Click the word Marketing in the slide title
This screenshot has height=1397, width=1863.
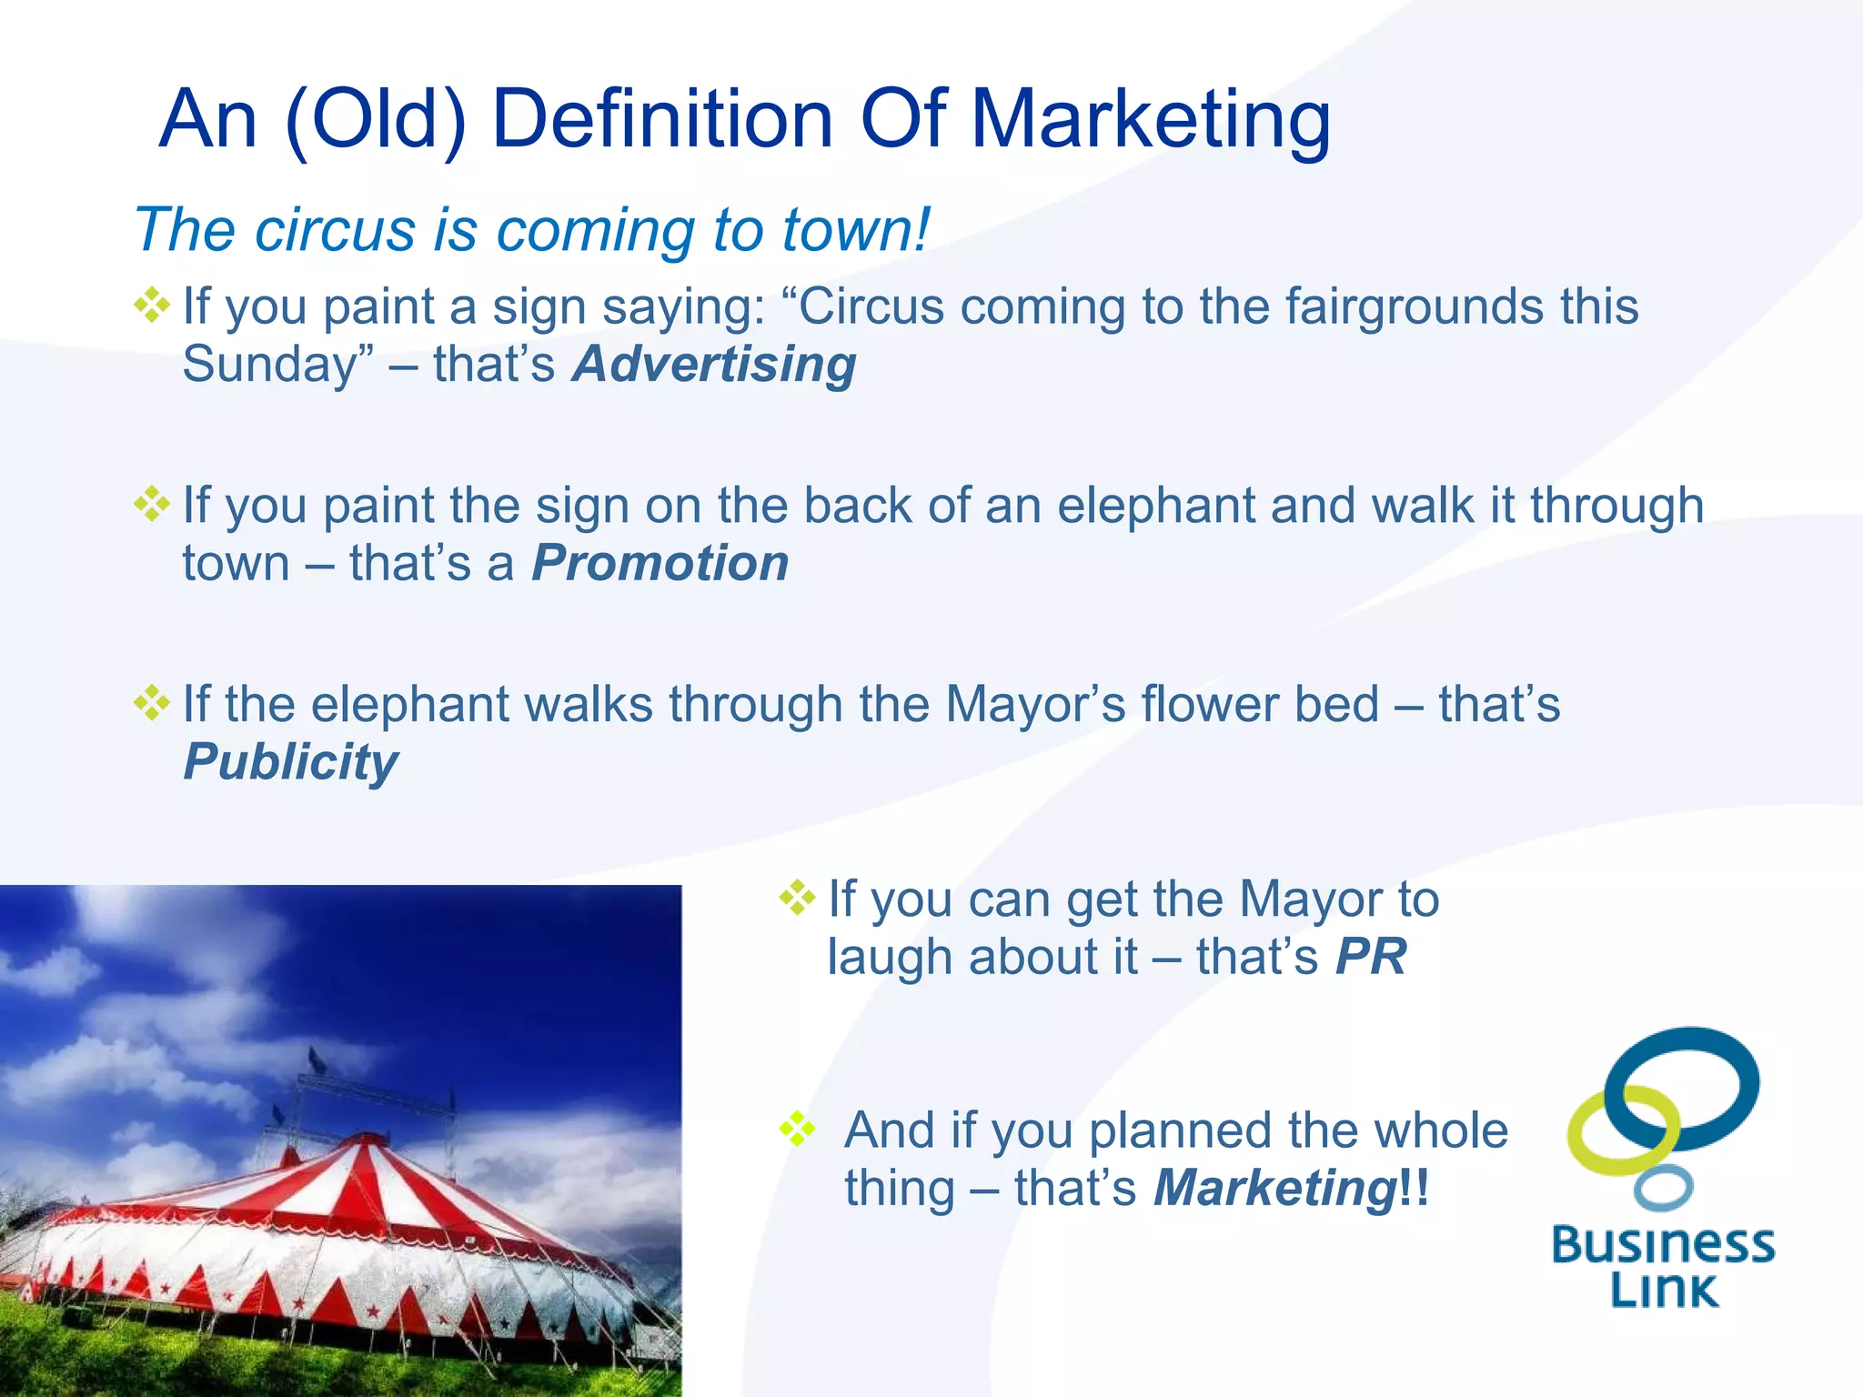[1151, 120]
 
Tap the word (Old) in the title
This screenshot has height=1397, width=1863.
[376, 120]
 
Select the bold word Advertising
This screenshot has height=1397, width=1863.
[714, 365]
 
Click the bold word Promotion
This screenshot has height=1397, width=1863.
[660, 563]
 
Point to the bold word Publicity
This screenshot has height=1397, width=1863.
[291, 762]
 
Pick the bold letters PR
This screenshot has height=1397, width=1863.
[1371, 957]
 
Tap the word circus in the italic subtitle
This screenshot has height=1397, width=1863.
[335, 229]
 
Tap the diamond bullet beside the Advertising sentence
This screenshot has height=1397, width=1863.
[152, 305]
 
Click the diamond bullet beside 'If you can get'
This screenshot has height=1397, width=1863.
[797, 898]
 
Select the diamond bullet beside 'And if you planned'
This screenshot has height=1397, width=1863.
[797, 1129]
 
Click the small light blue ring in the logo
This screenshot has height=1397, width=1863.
[1663, 1188]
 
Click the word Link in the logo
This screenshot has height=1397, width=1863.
[1664, 1290]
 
